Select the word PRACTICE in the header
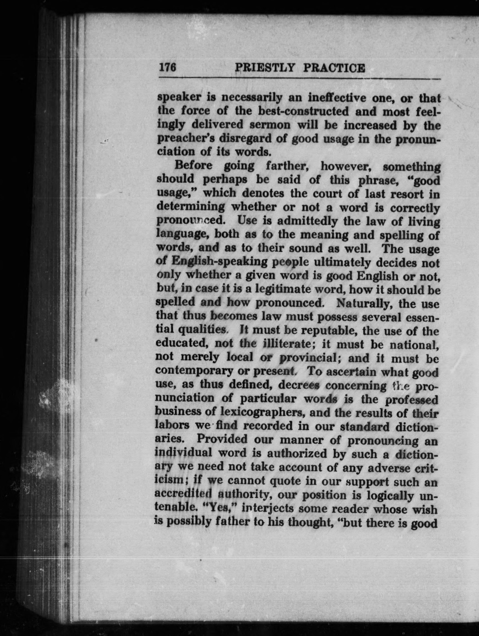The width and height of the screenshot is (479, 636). coord(334,68)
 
